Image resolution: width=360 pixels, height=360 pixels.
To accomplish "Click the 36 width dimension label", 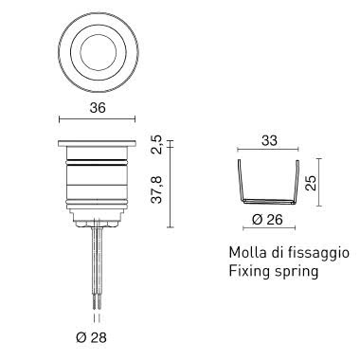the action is tap(98, 108).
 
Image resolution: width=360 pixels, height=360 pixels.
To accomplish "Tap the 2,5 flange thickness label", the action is tap(156, 145).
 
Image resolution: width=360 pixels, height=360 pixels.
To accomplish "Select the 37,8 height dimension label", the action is tap(156, 189).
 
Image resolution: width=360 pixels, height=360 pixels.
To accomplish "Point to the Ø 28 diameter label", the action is tap(91, 338).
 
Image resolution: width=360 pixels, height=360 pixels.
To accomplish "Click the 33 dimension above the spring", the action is tap(269, 140).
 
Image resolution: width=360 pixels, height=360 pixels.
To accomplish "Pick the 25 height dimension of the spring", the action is tap(311, 183).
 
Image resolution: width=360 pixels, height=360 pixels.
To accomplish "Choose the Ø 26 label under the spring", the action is tap(267, 219).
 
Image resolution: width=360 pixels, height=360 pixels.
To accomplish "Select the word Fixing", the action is tap(249, 272).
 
